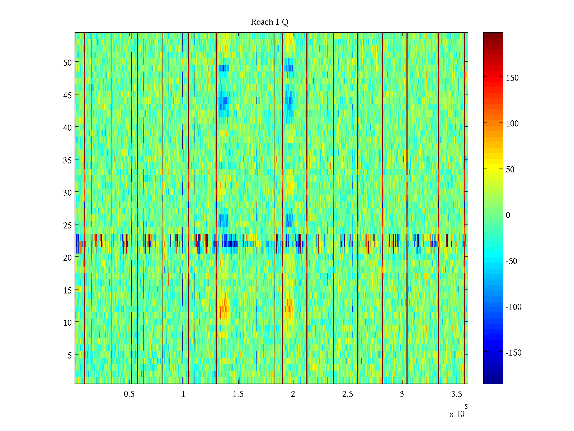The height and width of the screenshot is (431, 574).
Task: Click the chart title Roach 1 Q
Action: point(269,22)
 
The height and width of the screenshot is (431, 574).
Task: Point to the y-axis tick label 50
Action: point(67,62)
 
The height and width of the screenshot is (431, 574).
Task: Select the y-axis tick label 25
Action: point(67,226)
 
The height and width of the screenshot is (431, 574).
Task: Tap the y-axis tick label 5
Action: point(70,356)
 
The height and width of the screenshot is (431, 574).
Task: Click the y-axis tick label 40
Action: point(67,128)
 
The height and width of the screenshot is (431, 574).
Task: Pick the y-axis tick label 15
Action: point(67,291)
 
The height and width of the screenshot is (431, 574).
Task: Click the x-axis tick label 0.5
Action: point(129,394)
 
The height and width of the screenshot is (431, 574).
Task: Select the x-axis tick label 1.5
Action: point(238,394)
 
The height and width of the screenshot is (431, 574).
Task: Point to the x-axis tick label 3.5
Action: point(456,394)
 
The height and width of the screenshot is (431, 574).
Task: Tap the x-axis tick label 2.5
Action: point(347,394)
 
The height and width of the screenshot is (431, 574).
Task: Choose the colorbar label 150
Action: point(512,78)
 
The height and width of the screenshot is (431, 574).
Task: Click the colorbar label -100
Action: point(513,307)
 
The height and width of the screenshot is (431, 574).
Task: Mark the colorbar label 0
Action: point(508,215)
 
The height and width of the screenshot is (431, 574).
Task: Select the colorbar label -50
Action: point(512,261)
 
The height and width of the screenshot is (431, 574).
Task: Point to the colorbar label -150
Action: point(513,353)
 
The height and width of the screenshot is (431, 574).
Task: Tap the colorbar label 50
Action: point(510,170)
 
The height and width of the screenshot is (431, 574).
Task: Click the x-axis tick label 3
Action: point(402,394)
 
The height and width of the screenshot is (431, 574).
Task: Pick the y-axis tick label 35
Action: point(67,160)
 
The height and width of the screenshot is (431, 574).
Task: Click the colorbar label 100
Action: point(512,124)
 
